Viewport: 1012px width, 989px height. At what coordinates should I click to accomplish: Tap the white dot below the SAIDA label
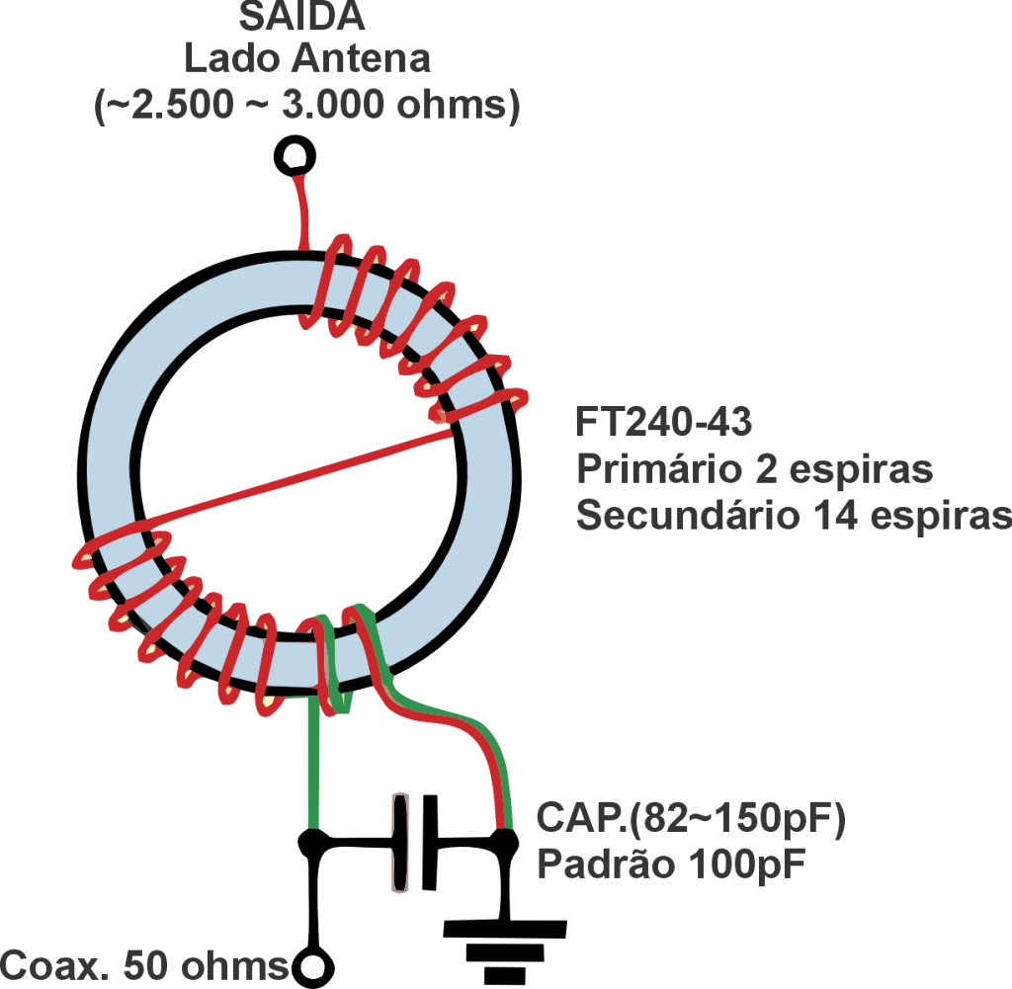294,155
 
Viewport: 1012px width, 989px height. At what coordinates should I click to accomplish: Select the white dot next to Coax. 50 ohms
313,966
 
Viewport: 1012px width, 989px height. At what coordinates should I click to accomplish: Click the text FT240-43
663,423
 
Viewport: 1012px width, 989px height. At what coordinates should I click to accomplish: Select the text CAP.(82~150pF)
692,819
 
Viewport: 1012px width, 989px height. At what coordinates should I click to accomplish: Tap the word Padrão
598,865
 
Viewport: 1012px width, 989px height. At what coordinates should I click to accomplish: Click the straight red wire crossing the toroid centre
296,474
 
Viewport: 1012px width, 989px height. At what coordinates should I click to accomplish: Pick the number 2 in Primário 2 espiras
764,469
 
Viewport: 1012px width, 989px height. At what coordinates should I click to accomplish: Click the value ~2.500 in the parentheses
166,105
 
